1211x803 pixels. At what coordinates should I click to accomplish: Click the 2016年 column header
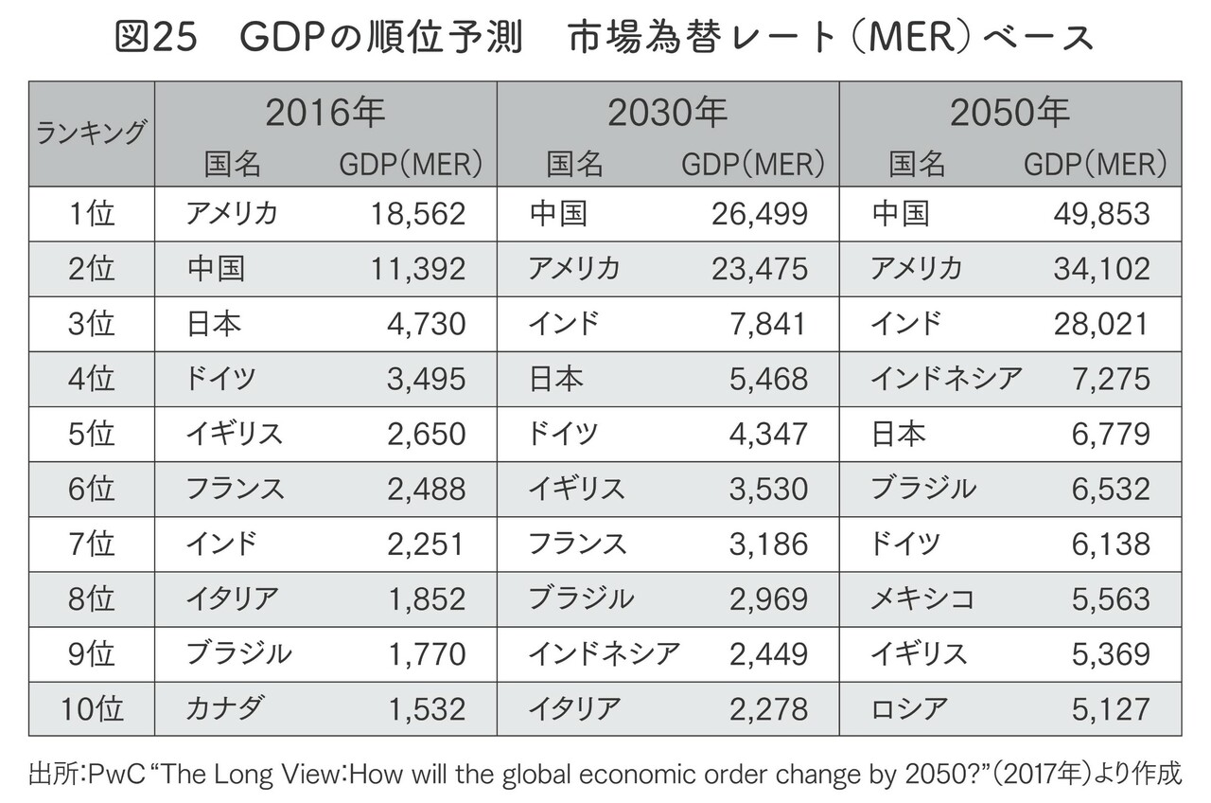pyautogui.click(x=325, y=114)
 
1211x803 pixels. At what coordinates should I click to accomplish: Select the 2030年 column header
pyautogui.click(x=667, y=114)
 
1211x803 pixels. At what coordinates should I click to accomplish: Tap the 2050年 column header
pyautogui.click(x=1009, y=114)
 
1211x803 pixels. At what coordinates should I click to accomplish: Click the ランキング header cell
pyautogui.click(x=91, y=134)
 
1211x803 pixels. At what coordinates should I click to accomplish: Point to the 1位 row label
pyautogui.click(x=92, y=214)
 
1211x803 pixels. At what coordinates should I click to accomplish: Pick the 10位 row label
pyautogui.click(x=92, y=708)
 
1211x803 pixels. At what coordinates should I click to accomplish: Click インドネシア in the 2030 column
pyautogui.click(x=604, y=653)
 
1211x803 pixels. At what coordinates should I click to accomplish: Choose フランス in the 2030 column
pyautogui.click(x=578, y=544)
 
